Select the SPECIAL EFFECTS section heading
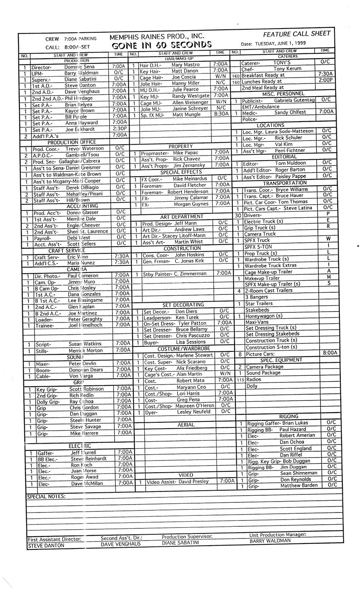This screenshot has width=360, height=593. (180, 172)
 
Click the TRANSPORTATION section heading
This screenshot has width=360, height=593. (284, 183)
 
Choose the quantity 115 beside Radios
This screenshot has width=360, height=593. (240, 380)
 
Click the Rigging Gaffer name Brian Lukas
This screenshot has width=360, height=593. (295, 423)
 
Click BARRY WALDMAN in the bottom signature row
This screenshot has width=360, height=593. (270, 541)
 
